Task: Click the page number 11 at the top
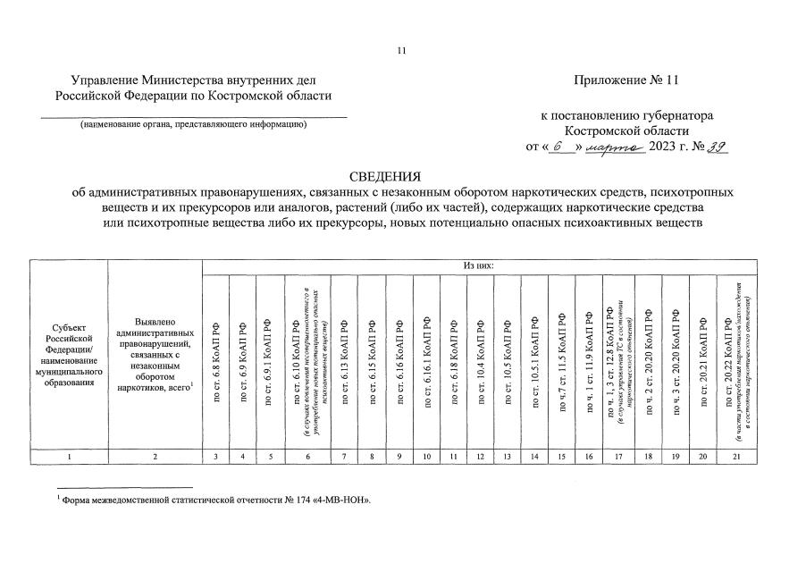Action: click(x=402, y=51)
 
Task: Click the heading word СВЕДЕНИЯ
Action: click(x=403, y=175)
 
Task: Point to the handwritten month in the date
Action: click(x=618, y=147)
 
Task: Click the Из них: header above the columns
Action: click(x=480, y=265)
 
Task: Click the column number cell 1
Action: click(x=69, y=457)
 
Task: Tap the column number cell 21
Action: click(x=738, y=457)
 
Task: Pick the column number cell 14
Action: click(x=534, y=457)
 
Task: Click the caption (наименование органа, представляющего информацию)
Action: click(x=193, y=124)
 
